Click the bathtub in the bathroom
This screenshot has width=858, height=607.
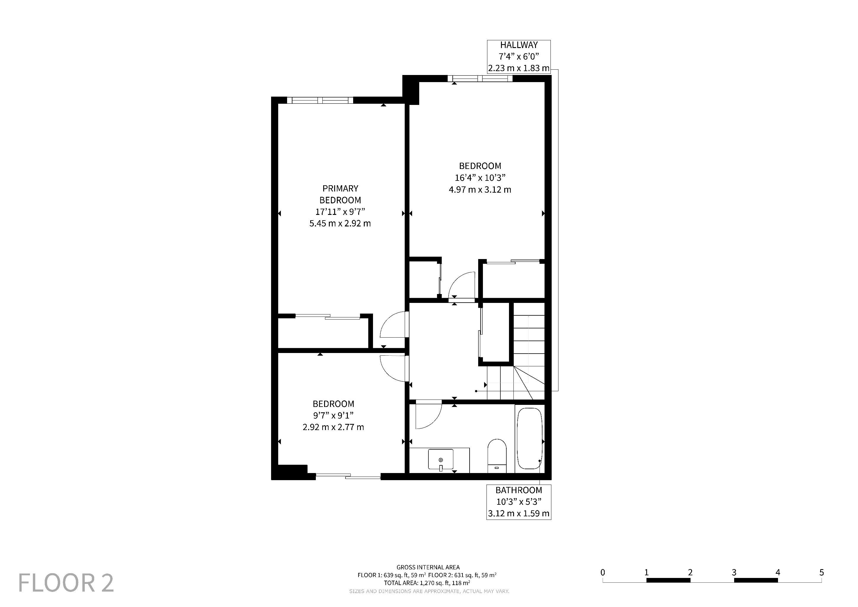tap(529, 438)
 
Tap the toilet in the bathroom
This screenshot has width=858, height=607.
tap(497, 456)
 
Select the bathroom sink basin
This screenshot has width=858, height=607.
tap(441, 459)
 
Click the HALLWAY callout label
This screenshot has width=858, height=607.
tap(519, 56)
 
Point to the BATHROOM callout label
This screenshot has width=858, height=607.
tap(519, 502)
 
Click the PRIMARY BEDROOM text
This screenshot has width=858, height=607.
tap(340, 194)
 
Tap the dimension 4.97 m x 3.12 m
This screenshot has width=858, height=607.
tap(480, 189)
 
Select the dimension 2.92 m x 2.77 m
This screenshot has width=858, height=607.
tap(333, 427)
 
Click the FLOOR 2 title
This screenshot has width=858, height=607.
tap(66, 582)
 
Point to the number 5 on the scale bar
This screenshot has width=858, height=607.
tap(821, 572)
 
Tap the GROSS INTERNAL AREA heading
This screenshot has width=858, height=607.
tap(428, 567)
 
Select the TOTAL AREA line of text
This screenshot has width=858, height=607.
tap(427, 583)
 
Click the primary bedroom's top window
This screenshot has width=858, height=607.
tap(320, 100)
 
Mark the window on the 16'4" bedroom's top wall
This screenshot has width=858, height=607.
tap(480, 79)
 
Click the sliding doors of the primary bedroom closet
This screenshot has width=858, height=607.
tap(328, 317)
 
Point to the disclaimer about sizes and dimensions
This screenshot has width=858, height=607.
tap(429, 591)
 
